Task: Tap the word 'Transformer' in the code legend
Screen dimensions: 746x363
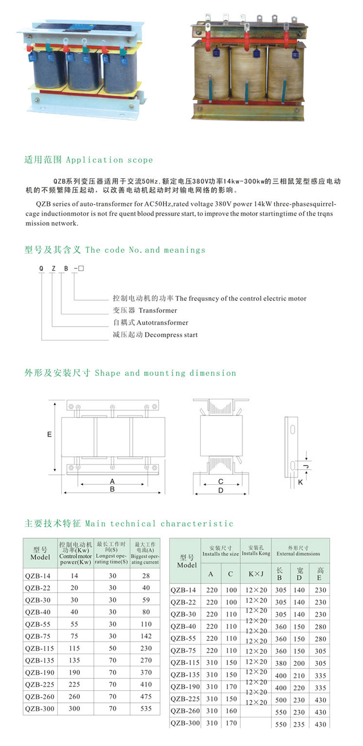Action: tap(158, 310)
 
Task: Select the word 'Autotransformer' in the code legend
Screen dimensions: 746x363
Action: tap(162, 323)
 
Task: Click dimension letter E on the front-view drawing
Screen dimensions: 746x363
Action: tap(49, 434)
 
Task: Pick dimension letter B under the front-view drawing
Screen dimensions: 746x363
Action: tap(112, 490)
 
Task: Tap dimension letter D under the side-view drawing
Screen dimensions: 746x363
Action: tap(221, 490)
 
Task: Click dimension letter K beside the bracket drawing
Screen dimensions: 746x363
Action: tap(300, 483)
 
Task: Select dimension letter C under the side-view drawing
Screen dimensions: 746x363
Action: tap(221, 481)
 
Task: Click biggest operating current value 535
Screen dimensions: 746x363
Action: tap(146, 708)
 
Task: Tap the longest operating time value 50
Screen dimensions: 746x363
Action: tap(113, 648)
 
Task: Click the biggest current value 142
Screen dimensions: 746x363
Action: tap(146, 636)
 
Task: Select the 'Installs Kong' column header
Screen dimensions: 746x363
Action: tap(256, 554)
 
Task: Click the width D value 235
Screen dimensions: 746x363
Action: tap(299, 724)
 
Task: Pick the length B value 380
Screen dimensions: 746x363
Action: tap(281, 663)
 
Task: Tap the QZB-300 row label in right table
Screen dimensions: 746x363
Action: tap(185, 723)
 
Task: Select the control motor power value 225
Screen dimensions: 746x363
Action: tap(74, 684)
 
